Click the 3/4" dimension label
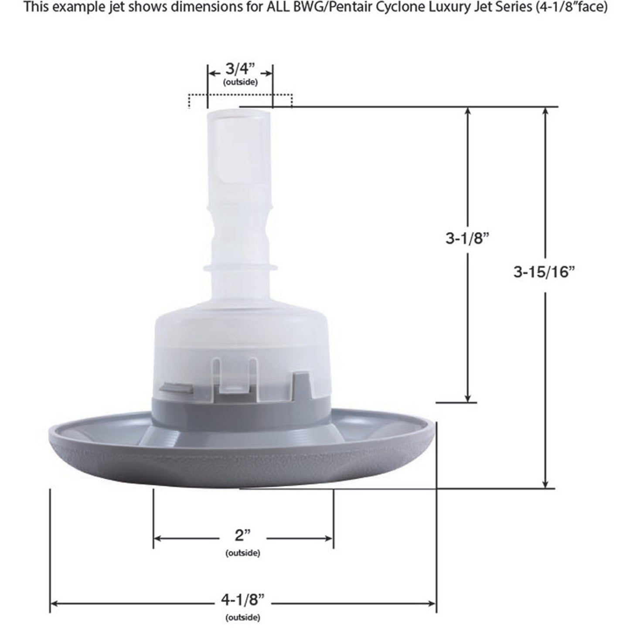(x=239, y=69)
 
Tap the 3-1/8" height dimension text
(x=465, y=239)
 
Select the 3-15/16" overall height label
(x=545, y=272)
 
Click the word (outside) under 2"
(x=243, y=553)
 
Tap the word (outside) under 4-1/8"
(x=243, y=617)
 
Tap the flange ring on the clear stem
(x=239, y=266)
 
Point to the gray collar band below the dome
(x=239, y=408)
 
